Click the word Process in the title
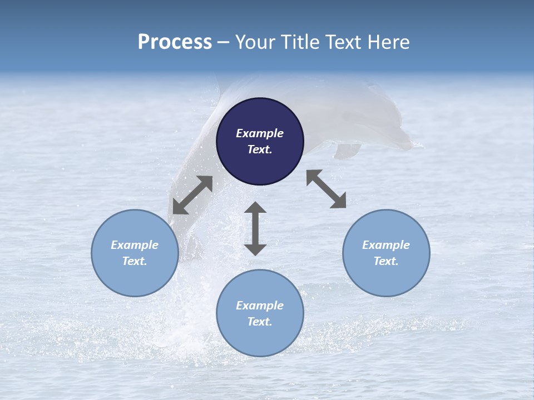[x=175, y=42]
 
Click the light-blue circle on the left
[x=135, y=253]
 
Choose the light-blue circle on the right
[x=386, y=253]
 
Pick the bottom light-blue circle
[x=260, y=313]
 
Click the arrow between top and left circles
[x=192, y=195]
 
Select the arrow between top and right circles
[x=327, y=189]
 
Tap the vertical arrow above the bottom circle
[x=255, y=228]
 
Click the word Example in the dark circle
[x=260, y=133]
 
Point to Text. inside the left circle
[x=135, y=261]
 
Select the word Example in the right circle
[x=386, y=245]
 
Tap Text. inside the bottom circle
[x=260, y=322]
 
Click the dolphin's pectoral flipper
[x=347, y=150]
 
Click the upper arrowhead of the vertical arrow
[x=255, y=208]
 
